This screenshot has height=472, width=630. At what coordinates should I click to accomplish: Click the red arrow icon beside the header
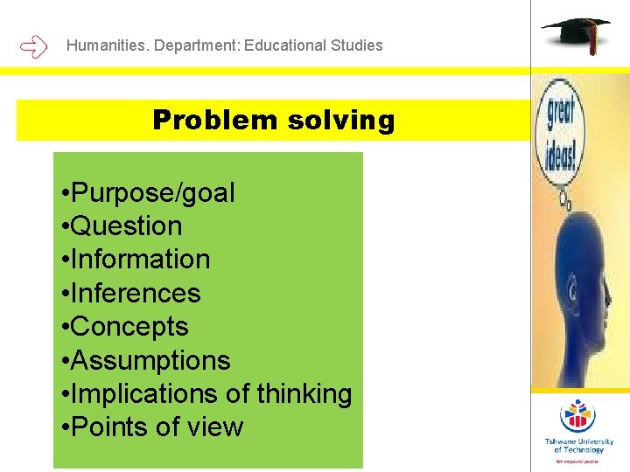tap(33, 45)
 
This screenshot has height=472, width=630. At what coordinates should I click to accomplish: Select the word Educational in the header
tap(285, 45)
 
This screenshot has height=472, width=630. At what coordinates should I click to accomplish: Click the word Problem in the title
tap(214, 120)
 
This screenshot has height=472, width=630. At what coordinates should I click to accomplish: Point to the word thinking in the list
tap(304, 393)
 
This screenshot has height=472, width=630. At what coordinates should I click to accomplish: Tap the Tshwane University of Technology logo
tap(578, 428)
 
